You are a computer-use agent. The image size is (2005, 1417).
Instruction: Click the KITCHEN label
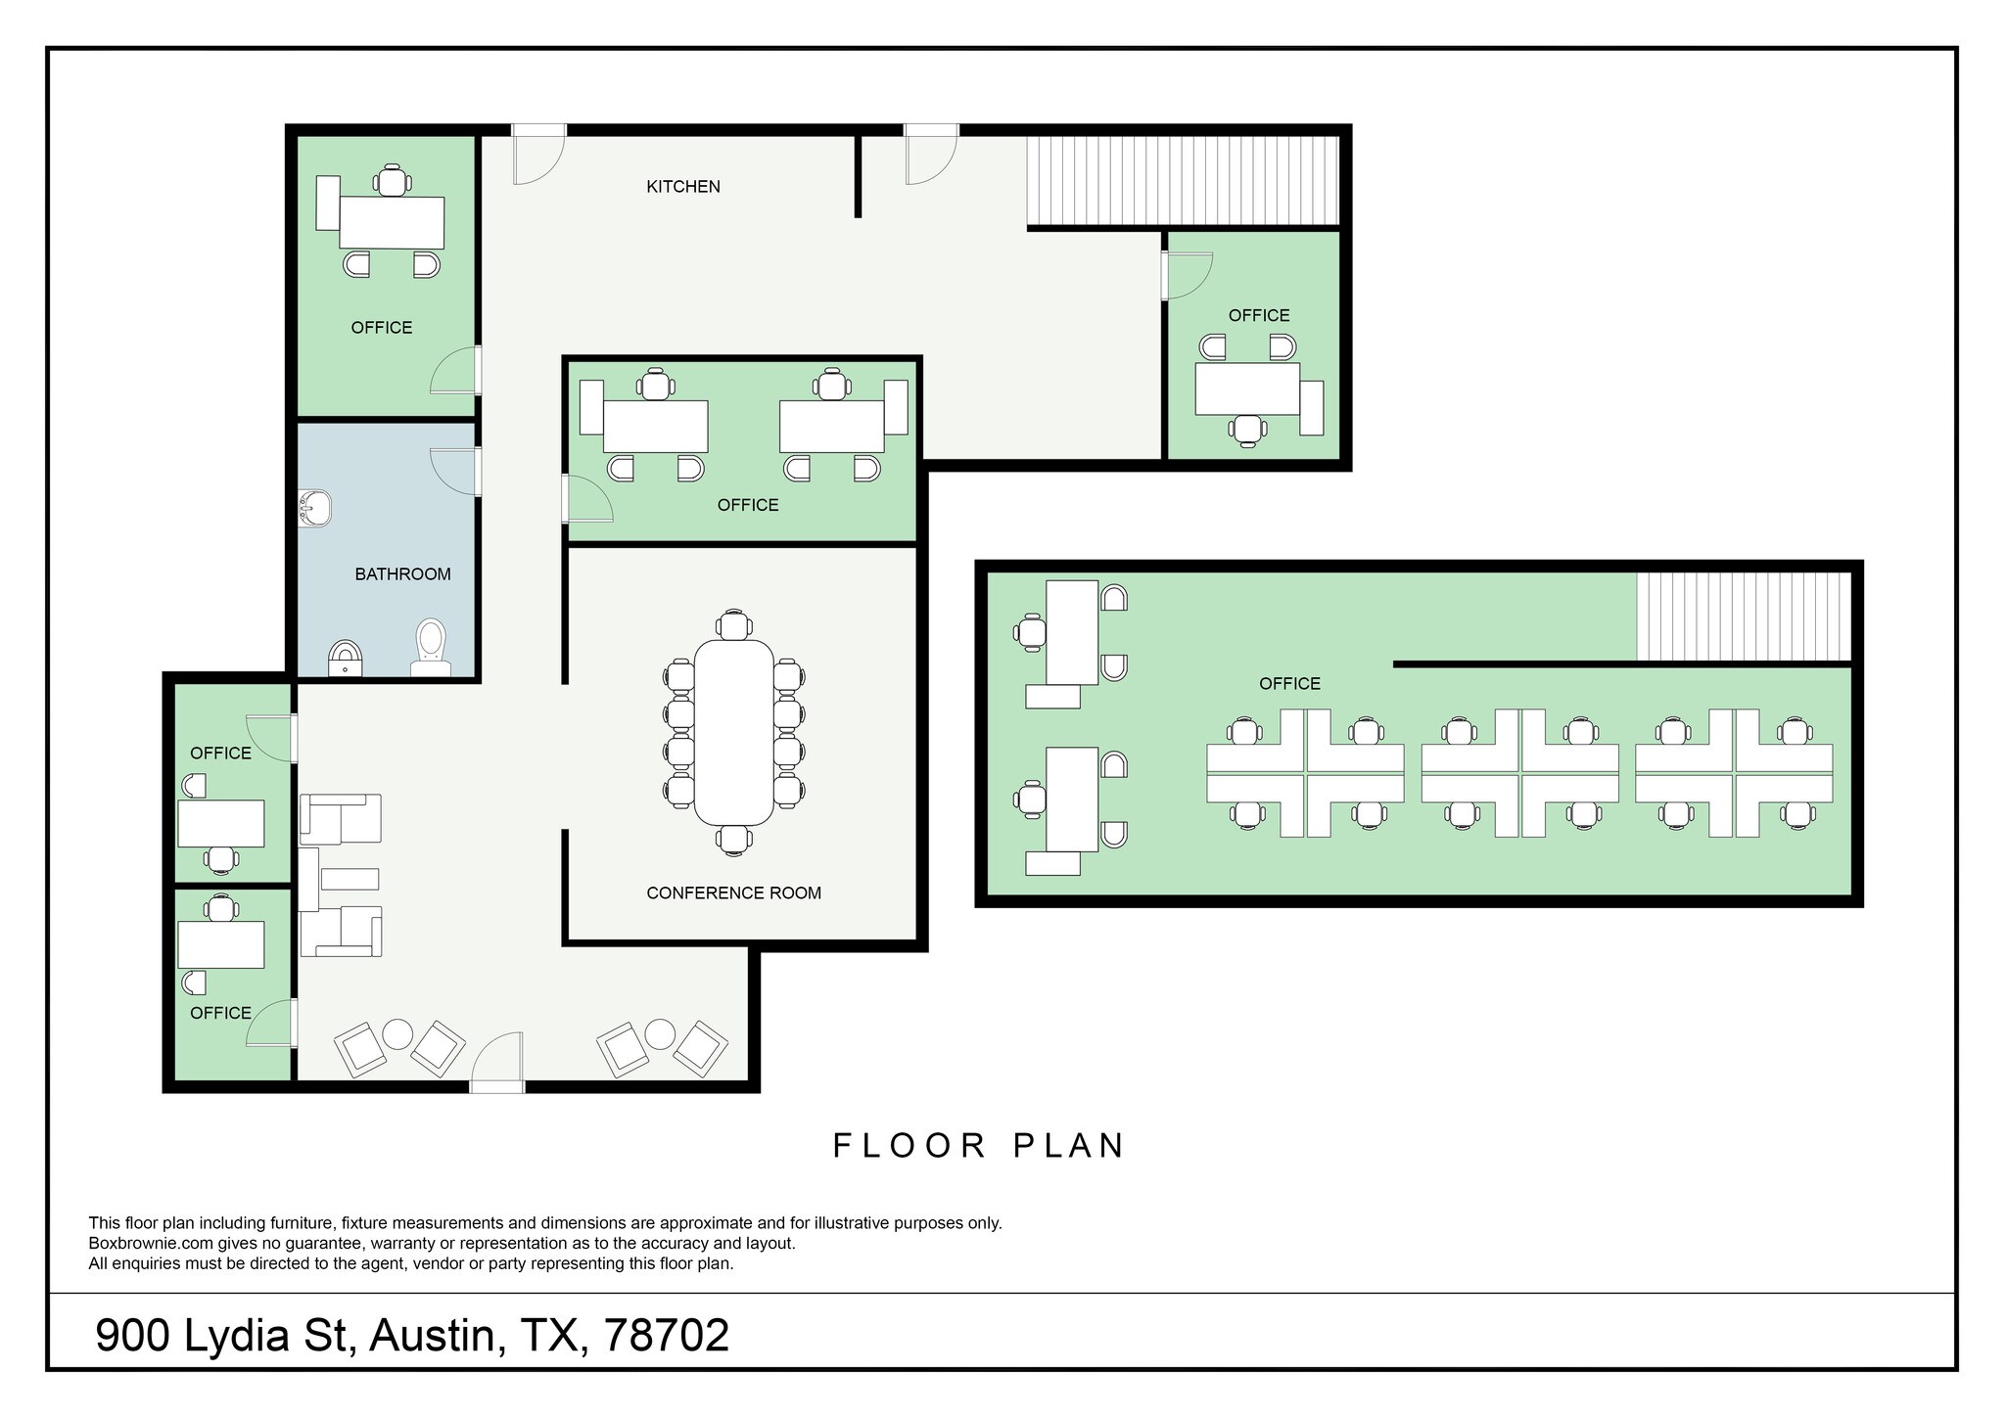(x=682, y=186)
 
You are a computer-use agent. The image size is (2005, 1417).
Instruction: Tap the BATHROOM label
(x=402, y=574)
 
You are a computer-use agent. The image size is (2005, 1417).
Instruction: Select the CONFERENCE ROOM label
(x=733, y=892)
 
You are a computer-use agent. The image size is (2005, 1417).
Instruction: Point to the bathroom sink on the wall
(x=315, y=509)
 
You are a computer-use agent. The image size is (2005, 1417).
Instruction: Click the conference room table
(x=733, y=732)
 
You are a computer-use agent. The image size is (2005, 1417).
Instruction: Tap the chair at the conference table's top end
(x=733, y=624)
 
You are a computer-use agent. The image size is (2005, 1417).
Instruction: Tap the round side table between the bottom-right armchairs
(x=660, y=1034)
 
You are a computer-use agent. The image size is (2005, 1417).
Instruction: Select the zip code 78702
(x=667, y=1335)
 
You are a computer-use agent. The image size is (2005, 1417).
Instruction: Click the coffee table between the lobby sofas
(x=350, y=879)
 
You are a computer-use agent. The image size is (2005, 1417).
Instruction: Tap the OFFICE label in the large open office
(x=1289, y=684)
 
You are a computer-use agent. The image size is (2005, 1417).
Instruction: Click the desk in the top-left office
(x=392, y=222)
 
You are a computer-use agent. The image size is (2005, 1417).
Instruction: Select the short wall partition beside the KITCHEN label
(x=859, y=176)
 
